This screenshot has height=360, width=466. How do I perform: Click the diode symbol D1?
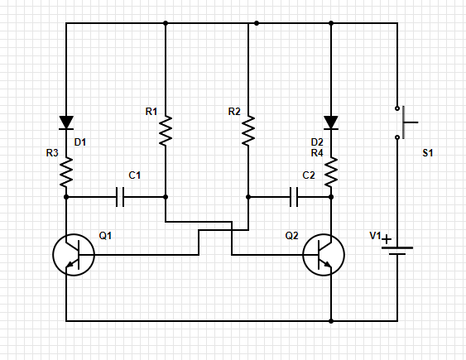(x=66, y=122)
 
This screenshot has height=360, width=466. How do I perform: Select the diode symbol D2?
(x=331, y=122)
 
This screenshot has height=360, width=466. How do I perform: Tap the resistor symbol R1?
(x=166, y=131)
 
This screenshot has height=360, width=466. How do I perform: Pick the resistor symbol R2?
(x=248, y=131)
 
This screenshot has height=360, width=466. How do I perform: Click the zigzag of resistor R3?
(x=66, y=173)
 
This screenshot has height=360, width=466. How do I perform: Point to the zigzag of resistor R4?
(x=331, y=173)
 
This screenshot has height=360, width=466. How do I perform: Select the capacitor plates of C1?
(x=120, y=197)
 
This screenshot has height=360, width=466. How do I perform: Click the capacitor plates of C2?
(x=294, y=197)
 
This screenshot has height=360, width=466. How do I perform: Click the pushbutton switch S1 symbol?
(x=404, y=122)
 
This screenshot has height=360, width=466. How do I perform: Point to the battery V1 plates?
(x=397, y=251)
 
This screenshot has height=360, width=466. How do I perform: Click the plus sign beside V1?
(x=387, y=239)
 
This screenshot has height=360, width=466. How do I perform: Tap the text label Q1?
(x=105, y=236)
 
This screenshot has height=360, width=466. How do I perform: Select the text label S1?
(x=428, y=153)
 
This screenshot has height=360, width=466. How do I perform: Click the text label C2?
(x=309, y=175)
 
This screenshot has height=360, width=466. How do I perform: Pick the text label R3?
(x=52, y=153)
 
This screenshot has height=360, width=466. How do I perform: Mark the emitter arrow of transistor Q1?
(x=69, y=264)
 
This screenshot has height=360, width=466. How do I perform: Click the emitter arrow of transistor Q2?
(x=328, y=264)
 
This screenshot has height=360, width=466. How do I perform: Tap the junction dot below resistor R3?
(x=66, y=197)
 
